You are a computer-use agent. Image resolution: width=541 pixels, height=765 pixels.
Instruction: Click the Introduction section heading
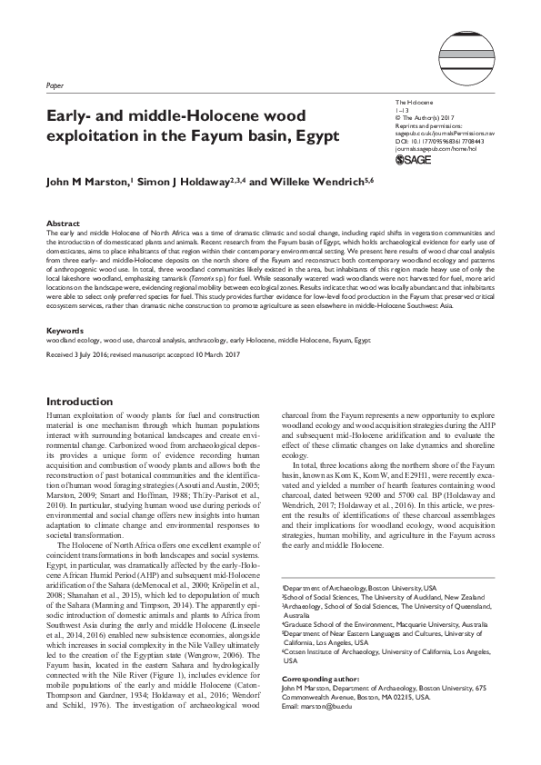83,401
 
